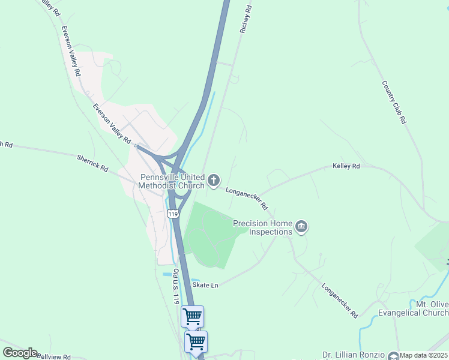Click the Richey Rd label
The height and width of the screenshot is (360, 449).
pyautogui.click(x=244, y=19)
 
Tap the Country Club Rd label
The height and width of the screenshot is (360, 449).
pyautogui.click(x=394, y=102)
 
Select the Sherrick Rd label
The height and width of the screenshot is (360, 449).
pyautogui.click(x=92, y=162)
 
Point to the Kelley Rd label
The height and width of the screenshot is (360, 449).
pyautogui.click(x=346, y=166)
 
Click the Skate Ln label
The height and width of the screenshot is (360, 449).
pyautogui.click(x=205, y=285)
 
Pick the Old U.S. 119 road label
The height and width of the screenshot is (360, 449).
pyautogui.click(x=175, y=287)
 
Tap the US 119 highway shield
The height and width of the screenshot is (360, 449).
pyautogui.click(x=173, y=214)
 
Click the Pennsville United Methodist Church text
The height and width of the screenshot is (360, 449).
pyautogui.click(x=172, y=181)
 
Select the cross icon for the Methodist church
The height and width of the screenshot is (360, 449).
pyautogui.click(x=214, y=179)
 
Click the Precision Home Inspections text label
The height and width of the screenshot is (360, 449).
pyautogui.click(x=262, y=227)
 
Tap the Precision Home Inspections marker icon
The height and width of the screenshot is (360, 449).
pyautogui.click(x=301, y=227)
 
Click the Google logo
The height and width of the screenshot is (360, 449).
pyautogui.click(x=20, y=353)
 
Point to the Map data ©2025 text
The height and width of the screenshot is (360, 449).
pyautogui.click(x=424, y=355)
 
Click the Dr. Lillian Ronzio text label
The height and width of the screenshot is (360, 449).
pyautogui.click(x=354, y=355)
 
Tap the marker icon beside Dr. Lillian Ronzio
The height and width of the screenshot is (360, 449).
pyautogui.click(x=393, y=355)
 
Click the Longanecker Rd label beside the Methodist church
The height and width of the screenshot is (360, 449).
pyautogui.click(x=247, y=198)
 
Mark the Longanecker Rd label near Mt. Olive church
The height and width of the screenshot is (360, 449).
pyautogui.click(x=340, y=300)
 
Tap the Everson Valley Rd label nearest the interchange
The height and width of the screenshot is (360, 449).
pyautogui.click(x=112, y=123)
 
